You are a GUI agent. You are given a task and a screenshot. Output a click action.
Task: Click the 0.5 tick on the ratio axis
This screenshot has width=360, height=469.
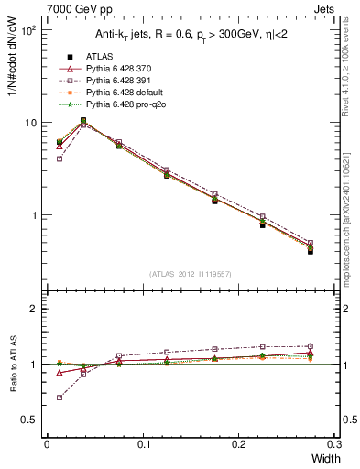(x=33, y=420)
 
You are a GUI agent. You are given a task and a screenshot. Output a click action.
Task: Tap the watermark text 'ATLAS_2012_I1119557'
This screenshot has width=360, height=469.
(x=190, y=274)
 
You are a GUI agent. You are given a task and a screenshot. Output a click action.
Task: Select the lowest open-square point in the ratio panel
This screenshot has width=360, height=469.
(x=60, y=398)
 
